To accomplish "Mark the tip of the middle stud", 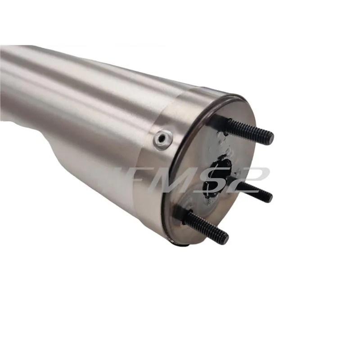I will pos(269,197).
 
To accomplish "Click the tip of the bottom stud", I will pos(224,238).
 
